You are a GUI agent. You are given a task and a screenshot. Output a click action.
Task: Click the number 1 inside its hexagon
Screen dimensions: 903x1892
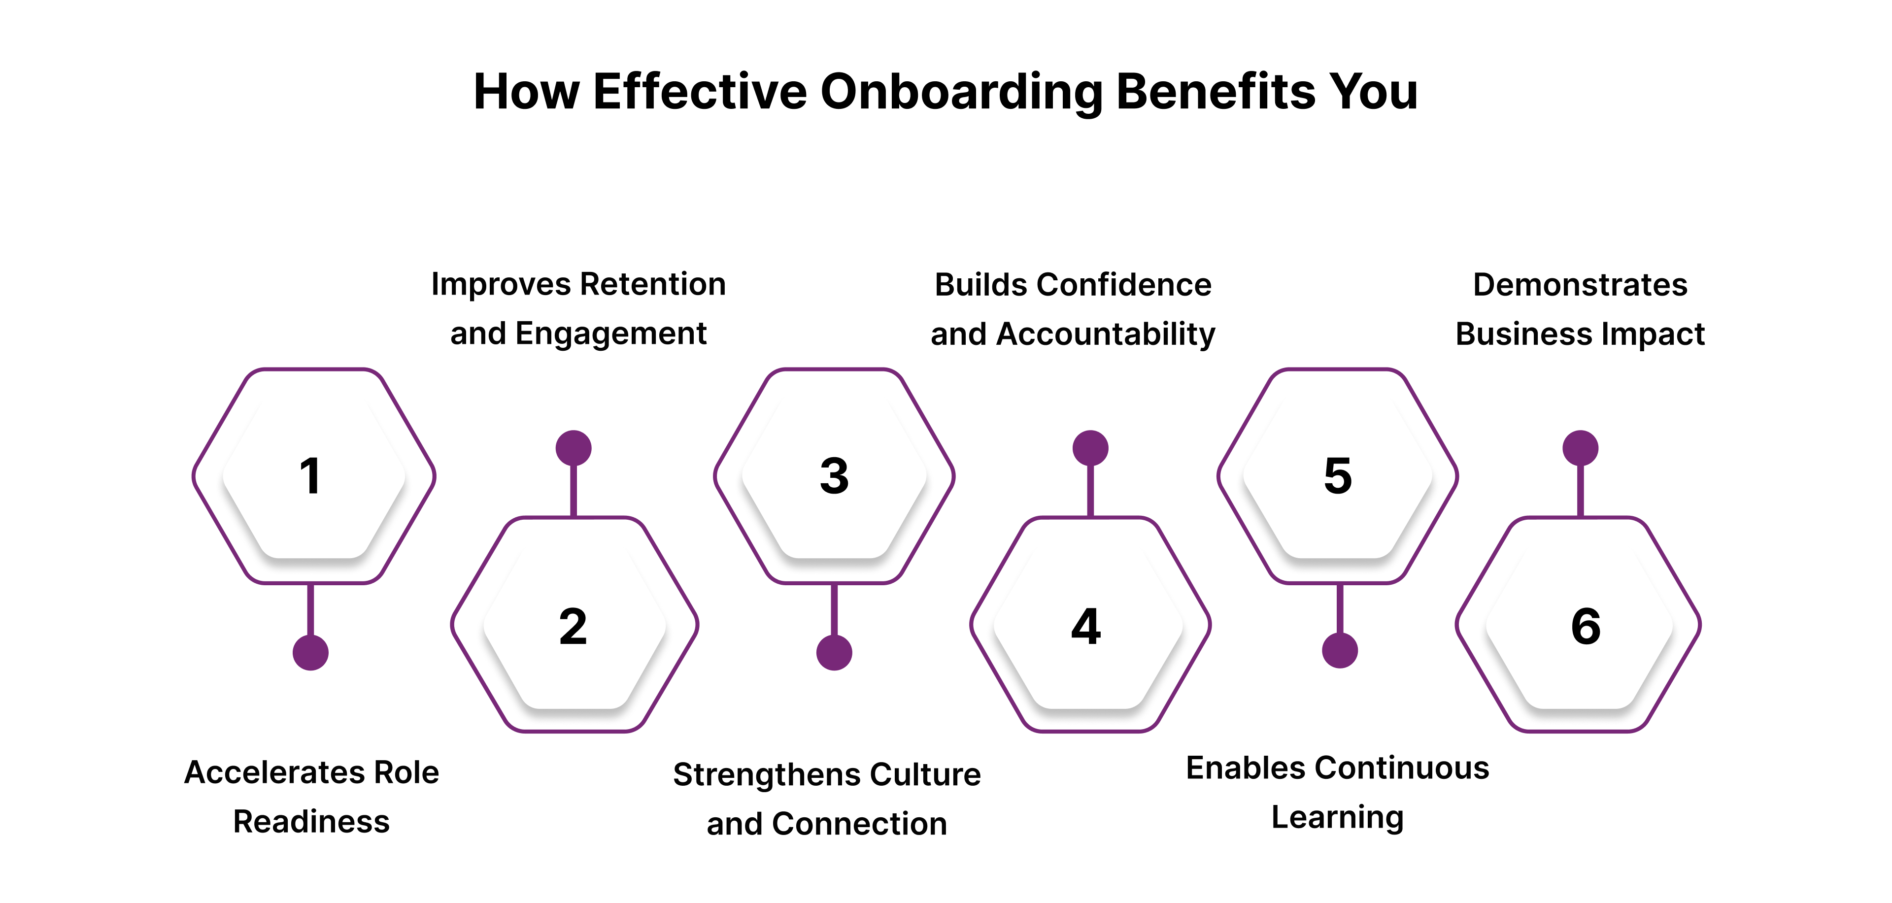point(311,476)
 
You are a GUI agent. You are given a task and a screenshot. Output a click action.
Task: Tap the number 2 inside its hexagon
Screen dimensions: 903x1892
point(573,627)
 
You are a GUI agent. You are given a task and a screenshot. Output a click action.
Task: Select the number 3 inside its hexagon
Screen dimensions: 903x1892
point(834,476)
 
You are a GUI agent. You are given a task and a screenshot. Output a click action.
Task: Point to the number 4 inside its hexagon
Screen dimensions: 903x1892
point(1086,627)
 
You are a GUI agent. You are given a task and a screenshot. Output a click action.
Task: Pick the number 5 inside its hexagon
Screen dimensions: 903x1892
point(1338,476)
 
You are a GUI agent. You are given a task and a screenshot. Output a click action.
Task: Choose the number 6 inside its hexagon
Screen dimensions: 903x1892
point(1586,627)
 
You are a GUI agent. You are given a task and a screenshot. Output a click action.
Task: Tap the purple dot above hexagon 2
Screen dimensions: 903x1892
point(574,448)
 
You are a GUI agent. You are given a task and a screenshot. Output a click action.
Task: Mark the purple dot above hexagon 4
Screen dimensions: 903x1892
point(1091,448)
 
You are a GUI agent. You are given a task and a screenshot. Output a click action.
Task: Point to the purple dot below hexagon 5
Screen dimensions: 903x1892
point(1340,650)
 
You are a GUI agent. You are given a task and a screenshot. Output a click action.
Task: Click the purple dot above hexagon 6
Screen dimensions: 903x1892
point(1581,448)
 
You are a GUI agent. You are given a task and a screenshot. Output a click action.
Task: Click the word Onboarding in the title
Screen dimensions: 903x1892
point(961,93)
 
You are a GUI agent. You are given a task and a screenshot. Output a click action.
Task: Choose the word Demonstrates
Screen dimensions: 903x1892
point(1581,285)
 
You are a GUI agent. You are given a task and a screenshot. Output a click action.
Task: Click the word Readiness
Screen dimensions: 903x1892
point(311,822)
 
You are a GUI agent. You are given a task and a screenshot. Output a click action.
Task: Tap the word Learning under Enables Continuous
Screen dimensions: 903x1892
point(1338,818)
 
